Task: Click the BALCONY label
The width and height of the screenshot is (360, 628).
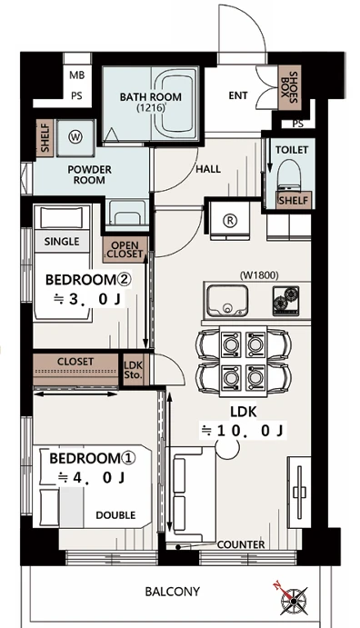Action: (172, 591)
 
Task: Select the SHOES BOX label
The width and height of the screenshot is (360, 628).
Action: (288, 88)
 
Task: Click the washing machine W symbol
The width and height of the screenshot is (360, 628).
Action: (75, 137)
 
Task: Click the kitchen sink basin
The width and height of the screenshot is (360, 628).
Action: (226, 301)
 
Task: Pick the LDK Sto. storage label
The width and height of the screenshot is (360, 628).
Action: (133, 370)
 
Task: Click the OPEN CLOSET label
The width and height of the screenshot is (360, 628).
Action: (125, 250)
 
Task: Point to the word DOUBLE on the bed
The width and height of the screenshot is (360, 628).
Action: (115, 515)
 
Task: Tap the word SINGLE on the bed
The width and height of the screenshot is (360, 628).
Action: (62, 242)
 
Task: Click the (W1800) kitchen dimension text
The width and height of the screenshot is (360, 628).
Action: (259, 274)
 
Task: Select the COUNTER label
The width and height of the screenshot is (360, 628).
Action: (241, 544)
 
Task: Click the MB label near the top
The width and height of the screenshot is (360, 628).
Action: (77, 75)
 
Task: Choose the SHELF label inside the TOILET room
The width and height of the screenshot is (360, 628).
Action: (294, 200)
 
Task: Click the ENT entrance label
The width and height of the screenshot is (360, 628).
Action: (238, 95)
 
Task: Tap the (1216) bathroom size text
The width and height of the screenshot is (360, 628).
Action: (151, 108)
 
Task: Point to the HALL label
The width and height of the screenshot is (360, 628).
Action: (208, 169)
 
